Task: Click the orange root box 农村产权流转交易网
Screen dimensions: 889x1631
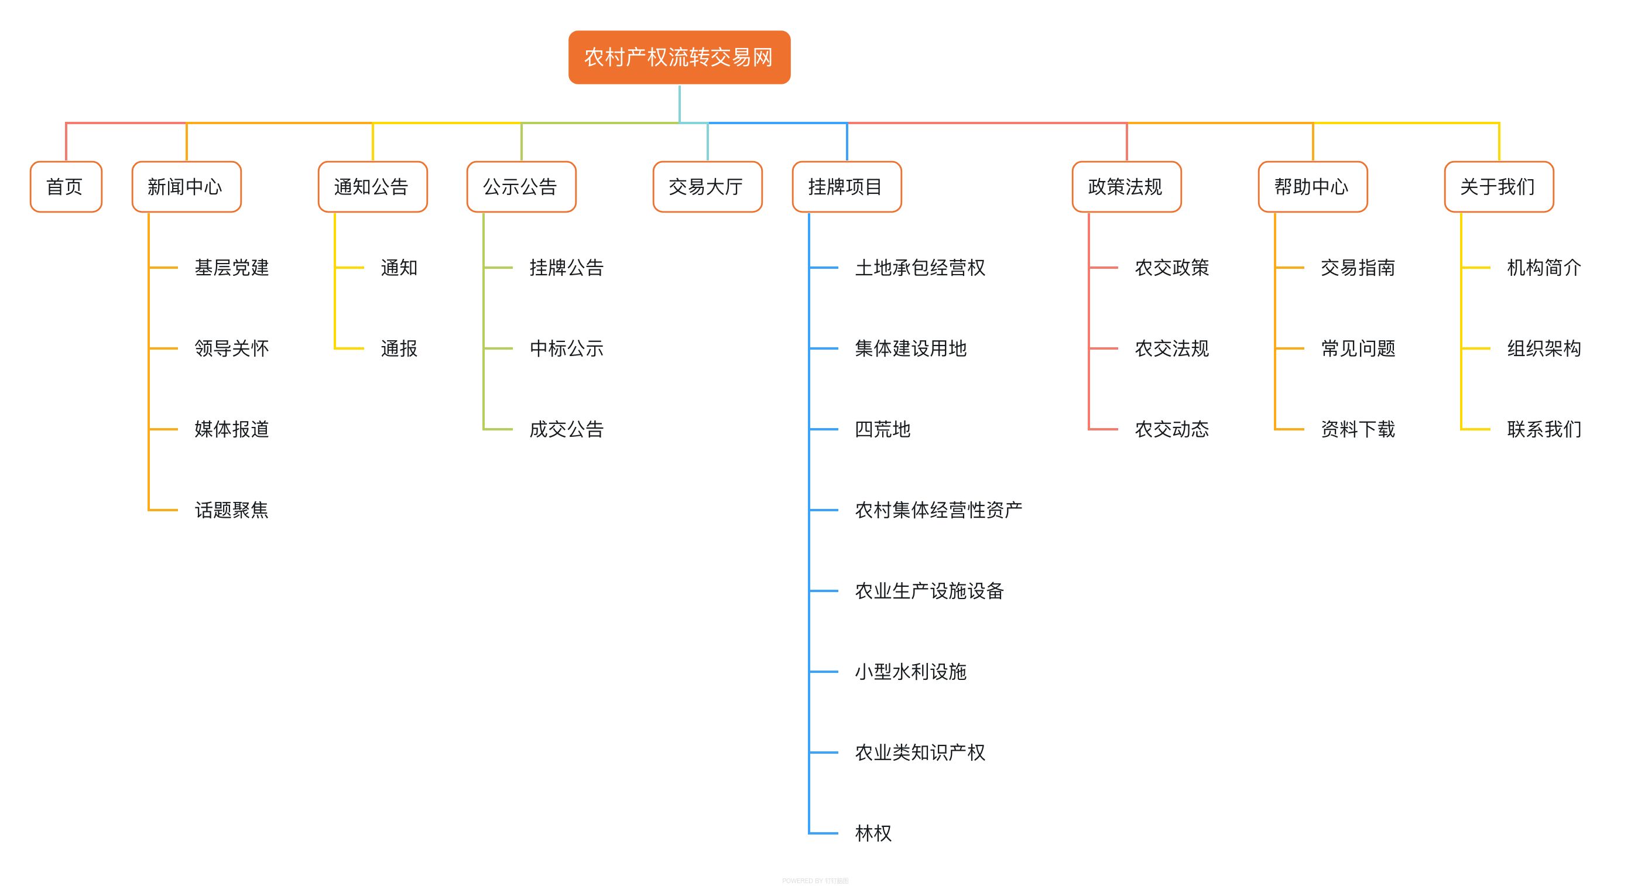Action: [x=679, y=57]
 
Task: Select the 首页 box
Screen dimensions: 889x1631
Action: [x=66, y=187]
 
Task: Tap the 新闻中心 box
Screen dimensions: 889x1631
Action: [x=186, y=187]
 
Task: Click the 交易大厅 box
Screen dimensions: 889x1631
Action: [x=707, y=187]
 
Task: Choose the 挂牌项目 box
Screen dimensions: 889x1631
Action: [x=847, y=187]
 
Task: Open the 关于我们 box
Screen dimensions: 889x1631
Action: [x=1499, y=187]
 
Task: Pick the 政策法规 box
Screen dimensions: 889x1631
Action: [x=1126, y=187]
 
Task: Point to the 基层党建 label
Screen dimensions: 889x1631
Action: [x=231, y=268]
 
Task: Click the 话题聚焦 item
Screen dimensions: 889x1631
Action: [x=231, y=510]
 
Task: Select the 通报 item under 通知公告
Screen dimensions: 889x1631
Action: [x=399, y=349]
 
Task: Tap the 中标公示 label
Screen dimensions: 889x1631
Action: [x=566, y=349]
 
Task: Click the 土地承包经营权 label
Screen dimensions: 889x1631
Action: [x=920, y=268]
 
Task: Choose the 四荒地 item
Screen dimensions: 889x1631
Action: [x=883, y=430]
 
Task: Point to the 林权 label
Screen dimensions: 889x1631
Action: [x=873, y=833]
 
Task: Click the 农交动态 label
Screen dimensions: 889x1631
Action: [x=1171, y=430]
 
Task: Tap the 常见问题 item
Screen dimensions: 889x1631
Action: [x=1358, y=349]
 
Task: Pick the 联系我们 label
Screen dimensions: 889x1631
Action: [x=1544, y=430]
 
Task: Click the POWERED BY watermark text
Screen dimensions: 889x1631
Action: [x=815, y=881]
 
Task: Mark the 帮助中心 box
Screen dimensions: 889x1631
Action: [x=1313, y=187]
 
